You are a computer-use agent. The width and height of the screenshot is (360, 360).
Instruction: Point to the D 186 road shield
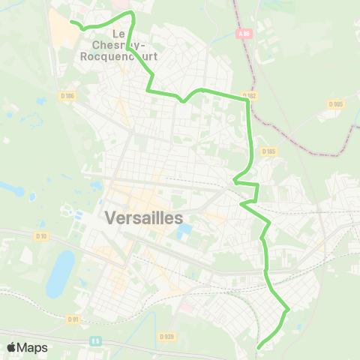click(x=69, y=96)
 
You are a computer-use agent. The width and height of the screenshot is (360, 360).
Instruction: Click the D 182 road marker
click(x=250, y=95)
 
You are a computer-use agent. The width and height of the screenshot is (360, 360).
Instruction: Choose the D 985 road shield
click(x=335, y=104)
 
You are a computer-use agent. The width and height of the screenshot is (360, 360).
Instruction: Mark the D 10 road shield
click(x=42, y=236)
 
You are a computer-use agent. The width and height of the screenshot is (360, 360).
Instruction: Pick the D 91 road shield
click(x=73, y=319)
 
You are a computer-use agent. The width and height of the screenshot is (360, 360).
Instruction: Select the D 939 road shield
click(x=166, y=337)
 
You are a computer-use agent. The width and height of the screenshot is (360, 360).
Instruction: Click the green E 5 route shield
click(x=96, y=340)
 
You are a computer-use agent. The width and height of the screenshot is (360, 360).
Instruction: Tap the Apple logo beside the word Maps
click(x=11, y=347)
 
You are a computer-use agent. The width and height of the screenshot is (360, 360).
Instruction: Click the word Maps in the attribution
click(x=32, y=347)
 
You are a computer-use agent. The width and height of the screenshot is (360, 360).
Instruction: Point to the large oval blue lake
click(x=60, y=273)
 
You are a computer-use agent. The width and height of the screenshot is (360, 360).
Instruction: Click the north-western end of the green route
click(x=72, y=22)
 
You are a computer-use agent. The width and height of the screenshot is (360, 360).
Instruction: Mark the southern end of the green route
click(x=259, y=346)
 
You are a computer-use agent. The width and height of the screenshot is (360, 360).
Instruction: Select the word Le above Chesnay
click(x=118, y=33)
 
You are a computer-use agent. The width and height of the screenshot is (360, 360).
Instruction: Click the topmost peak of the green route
click(x=132, y=13)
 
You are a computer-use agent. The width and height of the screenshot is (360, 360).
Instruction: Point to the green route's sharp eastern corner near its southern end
click(x=289, y=307)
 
